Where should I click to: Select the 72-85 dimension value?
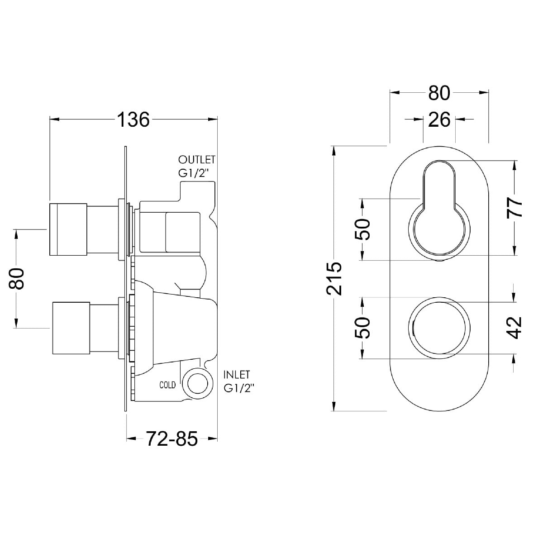pyautogui.click(x=172, y=438)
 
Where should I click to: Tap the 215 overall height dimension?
pyautogui.click(x=334, y=279)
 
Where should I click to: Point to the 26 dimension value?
pyautogui.click(x=439, y=119)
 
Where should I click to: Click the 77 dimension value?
pyautogui.click(x=514, y=208)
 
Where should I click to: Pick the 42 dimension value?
pyautogui.click(x=514, y=328)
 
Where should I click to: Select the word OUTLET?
pyautogui.click(x=197, y=160)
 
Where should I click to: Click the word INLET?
pyautogui.click(x=237, y=375)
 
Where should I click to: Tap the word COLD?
pyautogui.click(x=167, y=385)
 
